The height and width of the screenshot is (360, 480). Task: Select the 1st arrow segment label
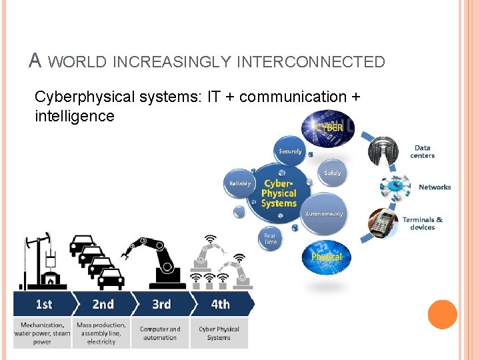point(43,304)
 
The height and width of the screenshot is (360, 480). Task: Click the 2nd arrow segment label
point(103,304)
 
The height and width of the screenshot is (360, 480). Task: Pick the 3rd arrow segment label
point(161,304)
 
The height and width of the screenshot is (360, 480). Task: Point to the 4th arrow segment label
point(220,304)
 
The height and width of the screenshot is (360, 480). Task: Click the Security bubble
point(291,152)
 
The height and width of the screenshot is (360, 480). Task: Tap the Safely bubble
point(332,173)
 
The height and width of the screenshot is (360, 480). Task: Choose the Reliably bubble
point(241,183)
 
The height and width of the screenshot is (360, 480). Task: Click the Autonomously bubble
point(324,213)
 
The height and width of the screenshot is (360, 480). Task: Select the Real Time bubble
point(270,239)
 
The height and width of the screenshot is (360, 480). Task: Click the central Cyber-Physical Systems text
point(279,193)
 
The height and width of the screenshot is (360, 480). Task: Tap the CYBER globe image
point(328,127)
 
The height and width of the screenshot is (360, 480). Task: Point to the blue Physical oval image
point(327,257)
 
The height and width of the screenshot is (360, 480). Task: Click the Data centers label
point(423,152)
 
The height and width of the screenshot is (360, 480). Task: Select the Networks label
point(435,187)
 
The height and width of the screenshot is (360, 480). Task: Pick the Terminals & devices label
point(423,223)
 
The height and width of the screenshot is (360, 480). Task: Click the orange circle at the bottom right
point(442,315)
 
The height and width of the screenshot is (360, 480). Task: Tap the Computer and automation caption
point(160,333)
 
